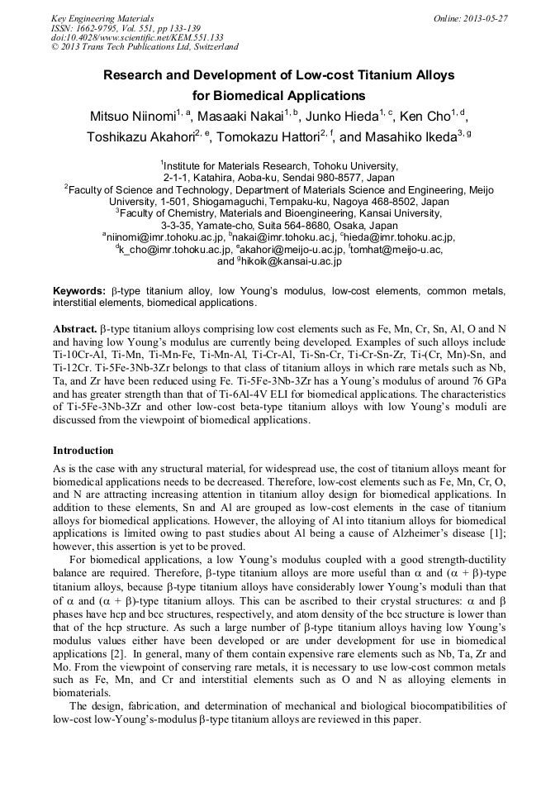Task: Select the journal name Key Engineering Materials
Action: click(x=103, y=17)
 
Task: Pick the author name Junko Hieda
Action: click(x=339, y=116)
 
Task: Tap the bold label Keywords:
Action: click(x=78, y=291)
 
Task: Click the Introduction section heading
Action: click(x=83, y=451)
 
